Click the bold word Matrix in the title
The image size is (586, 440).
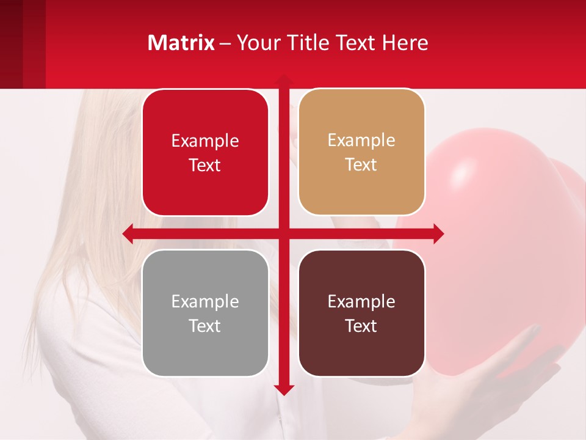pos(181,43)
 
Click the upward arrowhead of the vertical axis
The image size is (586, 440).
pos(284,79)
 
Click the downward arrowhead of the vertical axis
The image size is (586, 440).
pos(284,390)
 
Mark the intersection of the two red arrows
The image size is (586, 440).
pos(284,233)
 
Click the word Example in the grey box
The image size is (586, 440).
pos(205,301)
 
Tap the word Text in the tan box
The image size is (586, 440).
pos(361,165)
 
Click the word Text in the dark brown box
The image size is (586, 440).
pos(361,326)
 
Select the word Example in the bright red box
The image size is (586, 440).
pos(205,141)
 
